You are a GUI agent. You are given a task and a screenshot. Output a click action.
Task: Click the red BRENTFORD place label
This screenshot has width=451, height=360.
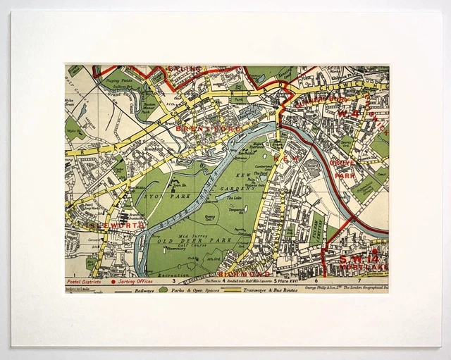coord(199,130)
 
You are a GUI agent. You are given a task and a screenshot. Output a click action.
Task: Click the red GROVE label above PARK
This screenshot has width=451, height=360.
coord(343,162)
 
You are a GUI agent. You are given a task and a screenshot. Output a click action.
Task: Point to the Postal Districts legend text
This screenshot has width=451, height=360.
coord(85,280)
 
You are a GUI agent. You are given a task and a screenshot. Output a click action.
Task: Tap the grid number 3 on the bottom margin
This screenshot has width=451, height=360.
coord(173,280)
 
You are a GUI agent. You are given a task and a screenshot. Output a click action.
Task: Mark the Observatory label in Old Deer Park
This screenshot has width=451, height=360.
coord(176,248)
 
